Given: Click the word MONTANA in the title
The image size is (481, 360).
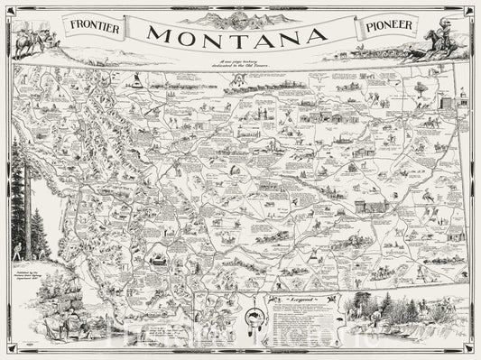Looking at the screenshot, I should (x=238, y=37).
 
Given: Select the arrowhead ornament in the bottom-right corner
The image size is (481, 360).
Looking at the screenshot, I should (x=465, y=344).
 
